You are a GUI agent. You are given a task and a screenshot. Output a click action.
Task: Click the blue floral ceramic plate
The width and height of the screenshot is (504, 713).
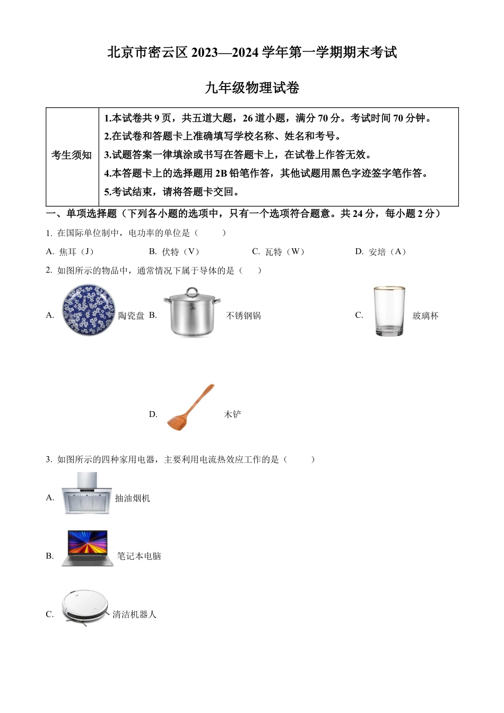88,310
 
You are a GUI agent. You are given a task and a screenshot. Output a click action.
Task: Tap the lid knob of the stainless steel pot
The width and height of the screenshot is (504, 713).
192,290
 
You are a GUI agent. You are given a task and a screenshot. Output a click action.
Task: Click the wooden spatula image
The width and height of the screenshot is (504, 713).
190,407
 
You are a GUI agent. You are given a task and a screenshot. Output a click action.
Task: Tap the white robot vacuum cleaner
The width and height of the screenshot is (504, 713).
84,606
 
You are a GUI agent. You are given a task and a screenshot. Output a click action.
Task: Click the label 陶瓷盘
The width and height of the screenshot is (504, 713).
131,316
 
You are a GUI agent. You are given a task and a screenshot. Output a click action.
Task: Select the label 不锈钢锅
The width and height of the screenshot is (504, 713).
244,316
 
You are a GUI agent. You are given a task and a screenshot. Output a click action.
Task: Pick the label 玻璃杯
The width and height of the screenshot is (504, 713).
425,316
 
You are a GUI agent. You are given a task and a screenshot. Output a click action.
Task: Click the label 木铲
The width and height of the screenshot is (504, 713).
232,414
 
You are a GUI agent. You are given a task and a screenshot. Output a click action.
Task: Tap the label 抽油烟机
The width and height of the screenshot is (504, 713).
133,498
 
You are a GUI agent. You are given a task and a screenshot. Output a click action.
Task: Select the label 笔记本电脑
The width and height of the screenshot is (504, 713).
139,556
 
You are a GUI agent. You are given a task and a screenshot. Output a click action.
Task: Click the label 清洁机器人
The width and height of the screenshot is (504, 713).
134,614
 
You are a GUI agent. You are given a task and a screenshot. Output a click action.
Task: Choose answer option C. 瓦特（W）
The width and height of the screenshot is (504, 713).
279,251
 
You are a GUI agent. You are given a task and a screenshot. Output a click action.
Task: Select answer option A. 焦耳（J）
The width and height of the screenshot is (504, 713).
71,251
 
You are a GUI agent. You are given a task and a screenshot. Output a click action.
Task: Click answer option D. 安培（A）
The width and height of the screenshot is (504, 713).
381,251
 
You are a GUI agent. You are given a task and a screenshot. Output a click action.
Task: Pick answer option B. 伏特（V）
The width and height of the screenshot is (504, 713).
175,251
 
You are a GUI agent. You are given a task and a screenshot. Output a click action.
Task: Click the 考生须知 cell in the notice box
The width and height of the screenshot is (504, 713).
72,155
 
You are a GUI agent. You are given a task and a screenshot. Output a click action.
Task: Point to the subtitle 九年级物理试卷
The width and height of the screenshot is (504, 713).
252,88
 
